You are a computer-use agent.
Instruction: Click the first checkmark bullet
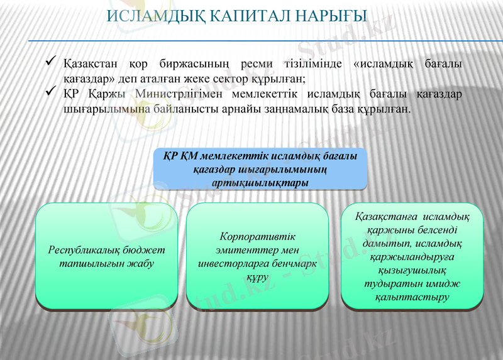tap(52, 63)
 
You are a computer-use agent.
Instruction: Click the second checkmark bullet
tap(52, 93)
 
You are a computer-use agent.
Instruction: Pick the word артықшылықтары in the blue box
tap(260, 183)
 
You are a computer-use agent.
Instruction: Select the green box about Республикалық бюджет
tap(106, 256)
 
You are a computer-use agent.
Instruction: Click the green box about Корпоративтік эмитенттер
tap(258, 256)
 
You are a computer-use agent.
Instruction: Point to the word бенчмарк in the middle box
tap(294, 264)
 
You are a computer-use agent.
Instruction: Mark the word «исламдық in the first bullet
tap(384, 64)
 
